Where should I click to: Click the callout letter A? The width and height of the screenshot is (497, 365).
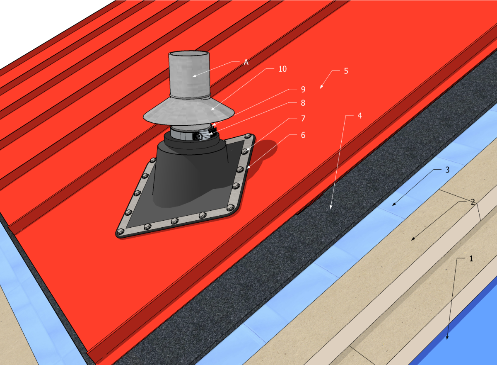[x=246, y=62]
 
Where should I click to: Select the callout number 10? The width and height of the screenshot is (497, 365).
[x=282, y=69]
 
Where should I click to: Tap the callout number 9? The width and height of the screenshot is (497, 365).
[x=303, y=89]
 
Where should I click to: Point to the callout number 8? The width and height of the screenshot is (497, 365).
[x=303, y=102]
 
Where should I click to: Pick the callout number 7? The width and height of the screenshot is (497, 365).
[x=303, y=119]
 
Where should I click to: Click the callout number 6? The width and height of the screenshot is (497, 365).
[x=303, y=135]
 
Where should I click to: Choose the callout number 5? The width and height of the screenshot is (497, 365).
[x=346, y=71]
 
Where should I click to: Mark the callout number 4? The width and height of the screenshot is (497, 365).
[x=359, y=116]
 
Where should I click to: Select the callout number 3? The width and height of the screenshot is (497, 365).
[x=447, y=170]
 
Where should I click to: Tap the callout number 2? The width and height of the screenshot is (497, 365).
[x=473, y=202]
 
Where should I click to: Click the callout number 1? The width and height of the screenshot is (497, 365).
[x=470, y=258]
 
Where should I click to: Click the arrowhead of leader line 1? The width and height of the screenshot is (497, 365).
[x=447, y=338]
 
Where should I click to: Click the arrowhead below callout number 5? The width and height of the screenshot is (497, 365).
[x=321, y=88]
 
